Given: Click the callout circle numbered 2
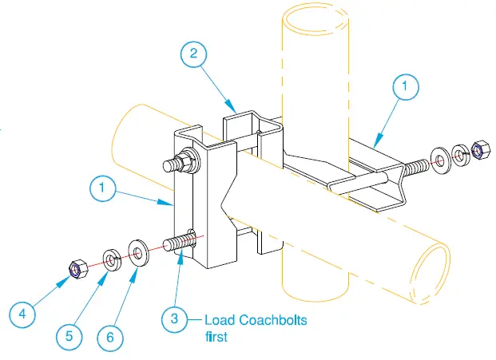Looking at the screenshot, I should [x=193, y=54].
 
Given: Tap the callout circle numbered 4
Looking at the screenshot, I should [x=22, y=315].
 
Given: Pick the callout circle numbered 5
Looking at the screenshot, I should [x=69, y=336].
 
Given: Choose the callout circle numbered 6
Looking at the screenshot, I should [x=109, y=337].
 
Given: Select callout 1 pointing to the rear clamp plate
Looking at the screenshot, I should [x=405, y=87].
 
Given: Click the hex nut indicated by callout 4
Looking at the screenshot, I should [x=74, y=271].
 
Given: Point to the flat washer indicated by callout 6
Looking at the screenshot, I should [x=138, y=254].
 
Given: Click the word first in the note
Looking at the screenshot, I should [x=216, y=337].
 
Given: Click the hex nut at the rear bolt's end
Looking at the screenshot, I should [x=481, y=149].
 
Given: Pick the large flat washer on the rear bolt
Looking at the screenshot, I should [x=439, y=158].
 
